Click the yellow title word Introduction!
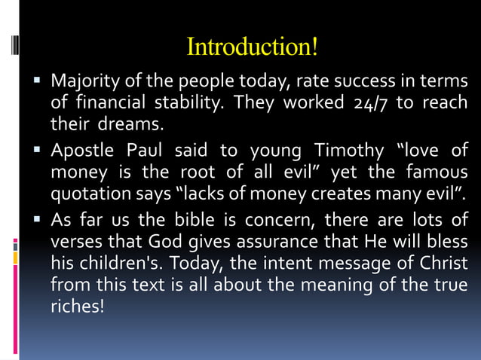coord(252,47)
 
